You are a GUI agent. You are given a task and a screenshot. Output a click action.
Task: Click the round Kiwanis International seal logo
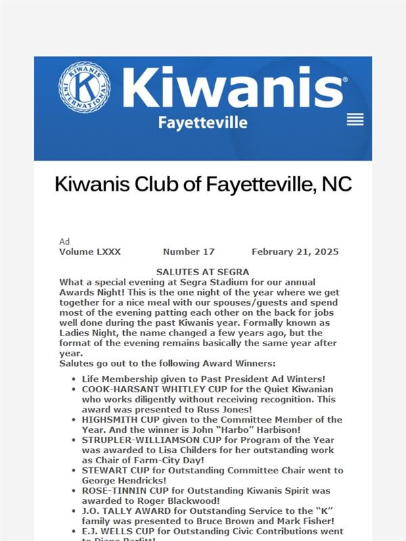click(x=85, y=87)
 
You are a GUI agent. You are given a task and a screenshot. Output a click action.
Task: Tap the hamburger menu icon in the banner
click(x=355, y=120)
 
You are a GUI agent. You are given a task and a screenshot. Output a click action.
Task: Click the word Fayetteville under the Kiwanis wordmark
click(x=202, y=122)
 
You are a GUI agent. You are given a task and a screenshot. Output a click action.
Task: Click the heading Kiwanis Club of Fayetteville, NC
click(x=203, y=184)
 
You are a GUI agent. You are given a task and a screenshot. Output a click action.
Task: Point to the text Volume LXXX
click(x=90, y=252)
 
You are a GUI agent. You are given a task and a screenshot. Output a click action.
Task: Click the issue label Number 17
click(x=189, y=252)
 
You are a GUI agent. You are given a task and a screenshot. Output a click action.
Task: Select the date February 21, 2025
click(x=295, y=252)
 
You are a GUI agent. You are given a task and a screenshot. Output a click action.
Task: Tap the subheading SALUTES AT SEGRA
click(x=203, y=271)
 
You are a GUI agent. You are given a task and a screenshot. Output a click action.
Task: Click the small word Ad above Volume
click(x=64, y=241)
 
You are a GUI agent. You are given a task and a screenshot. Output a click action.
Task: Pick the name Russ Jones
click(x=227, y=409)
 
